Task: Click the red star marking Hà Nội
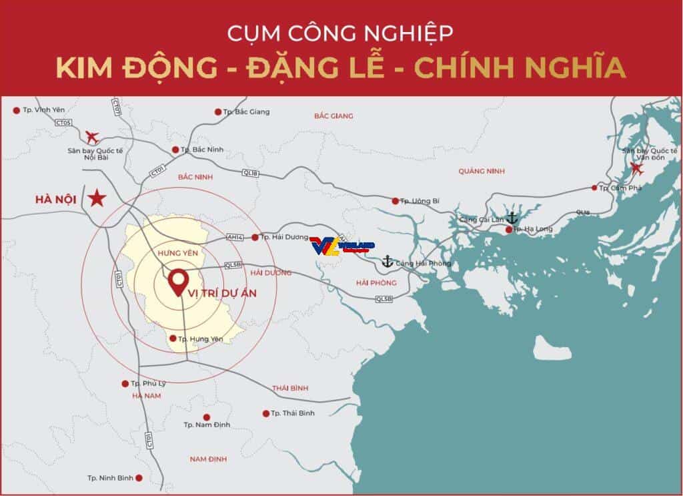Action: [98, 198]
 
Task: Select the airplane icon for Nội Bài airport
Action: [92, 138]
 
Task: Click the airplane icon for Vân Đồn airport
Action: [638, 168]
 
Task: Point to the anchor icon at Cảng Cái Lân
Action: [512, 218]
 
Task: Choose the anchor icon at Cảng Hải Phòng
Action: [387, 262]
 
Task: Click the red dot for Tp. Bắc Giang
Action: [218, 112]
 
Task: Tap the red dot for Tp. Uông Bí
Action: [395, 200]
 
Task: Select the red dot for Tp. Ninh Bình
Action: [139, 478]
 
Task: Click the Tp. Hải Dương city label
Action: [281, 237]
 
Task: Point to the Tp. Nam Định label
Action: [207, 425]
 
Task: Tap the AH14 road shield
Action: [235, 236]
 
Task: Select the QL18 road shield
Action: [250, 174]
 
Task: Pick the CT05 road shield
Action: [63, 122]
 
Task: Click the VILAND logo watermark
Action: [341, 246]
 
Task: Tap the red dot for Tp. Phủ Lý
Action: [125, 383]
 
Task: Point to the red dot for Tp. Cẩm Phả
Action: [595, 188]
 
